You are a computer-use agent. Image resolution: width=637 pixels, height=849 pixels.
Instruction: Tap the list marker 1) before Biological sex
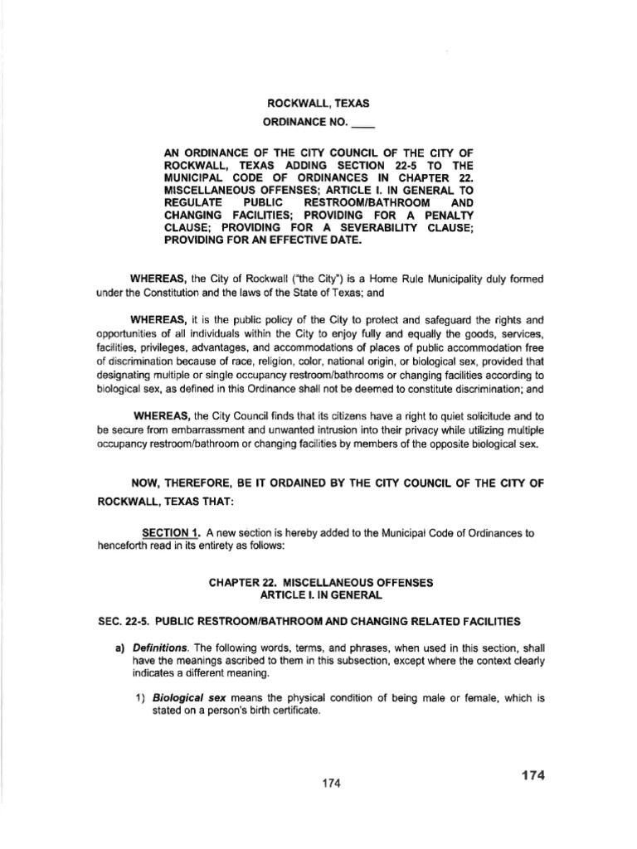[x=140, y=699]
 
